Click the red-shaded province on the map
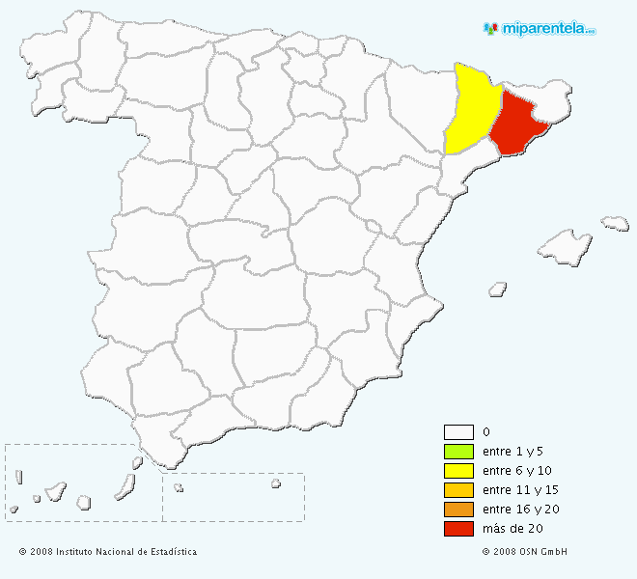coord(517,125)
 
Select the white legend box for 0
coord(458,432)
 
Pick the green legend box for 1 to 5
coord(458,452)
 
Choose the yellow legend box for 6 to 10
coord(458,471)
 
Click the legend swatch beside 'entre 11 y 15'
coord(458,490)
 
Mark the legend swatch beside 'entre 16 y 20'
coord(458,510)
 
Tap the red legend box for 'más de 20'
coord(458,529)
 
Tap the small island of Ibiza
coord(498,288)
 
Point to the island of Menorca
coord(615,223)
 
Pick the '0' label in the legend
coord(485,432)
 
